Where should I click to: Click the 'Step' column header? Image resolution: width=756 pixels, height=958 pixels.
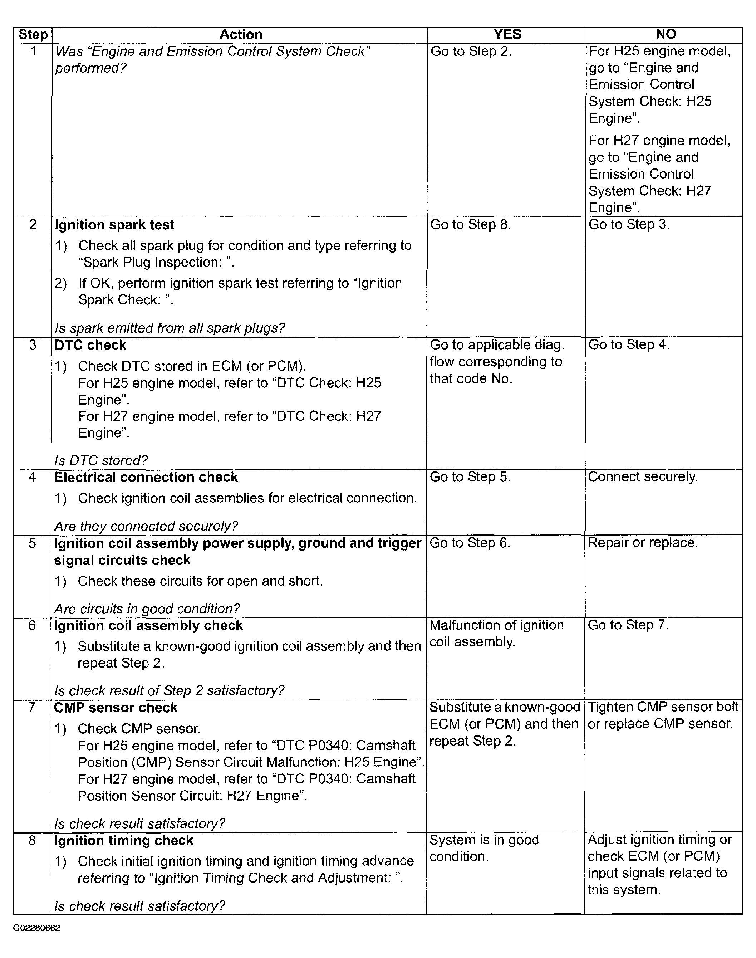(33, 35)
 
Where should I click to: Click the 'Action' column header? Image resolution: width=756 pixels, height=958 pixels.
(241, 35)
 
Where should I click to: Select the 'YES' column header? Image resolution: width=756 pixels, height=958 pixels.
(507, 35)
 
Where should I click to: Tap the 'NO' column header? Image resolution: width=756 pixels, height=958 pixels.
(665, 35)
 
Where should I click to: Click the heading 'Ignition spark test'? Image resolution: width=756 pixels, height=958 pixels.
(114, 225)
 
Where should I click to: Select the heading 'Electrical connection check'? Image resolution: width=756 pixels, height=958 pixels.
(146, 477)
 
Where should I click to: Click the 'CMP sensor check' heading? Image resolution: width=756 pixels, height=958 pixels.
(116, 708)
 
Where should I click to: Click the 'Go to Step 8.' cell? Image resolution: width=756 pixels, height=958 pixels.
(471, 225)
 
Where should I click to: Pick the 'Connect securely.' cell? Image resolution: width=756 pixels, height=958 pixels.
(643, 477)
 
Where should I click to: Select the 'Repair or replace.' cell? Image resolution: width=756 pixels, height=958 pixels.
(643, 543)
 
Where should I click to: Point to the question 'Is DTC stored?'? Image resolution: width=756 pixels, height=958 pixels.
(101, 461)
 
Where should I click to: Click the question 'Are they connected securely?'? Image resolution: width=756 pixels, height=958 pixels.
(146, 526)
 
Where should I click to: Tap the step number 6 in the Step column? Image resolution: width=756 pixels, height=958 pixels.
(32, 626)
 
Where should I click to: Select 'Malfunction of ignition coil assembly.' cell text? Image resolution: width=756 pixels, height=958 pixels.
(497, 634)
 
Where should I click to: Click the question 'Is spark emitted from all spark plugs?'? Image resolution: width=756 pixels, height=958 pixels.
(170, 328)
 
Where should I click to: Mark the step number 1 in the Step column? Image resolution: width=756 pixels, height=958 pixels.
(33, 52)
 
